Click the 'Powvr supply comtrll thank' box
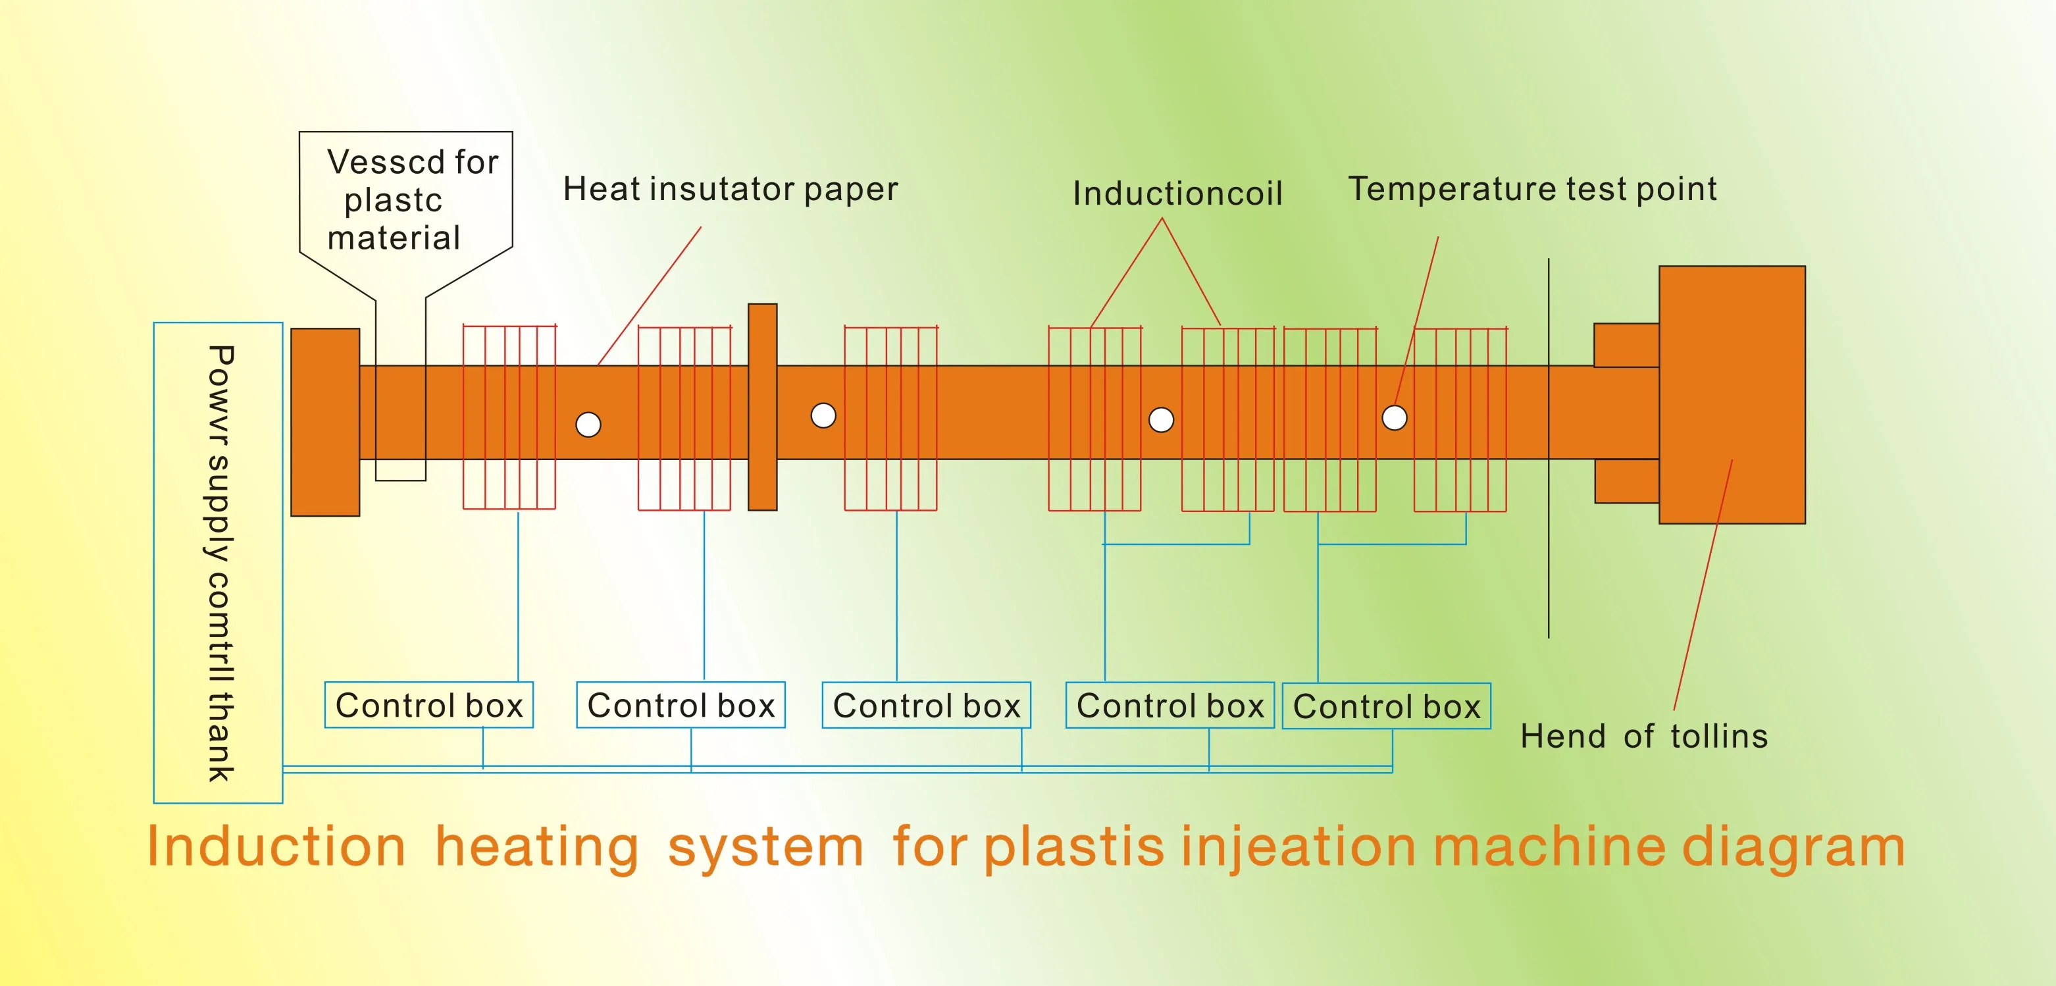click(218, 562)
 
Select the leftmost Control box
click(428, 705)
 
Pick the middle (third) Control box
click(926, 705)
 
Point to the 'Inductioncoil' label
click(1177, 194)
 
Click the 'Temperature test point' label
click(1531, 189)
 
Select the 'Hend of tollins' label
click(1643, 736)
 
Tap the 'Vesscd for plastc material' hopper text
click(405, 199)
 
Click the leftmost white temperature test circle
click(588, 425)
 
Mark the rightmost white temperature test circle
click(1395, 417)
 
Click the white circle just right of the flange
click(823, 416)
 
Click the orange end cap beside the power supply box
click(325, 421)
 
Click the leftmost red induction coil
click(509, 417)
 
